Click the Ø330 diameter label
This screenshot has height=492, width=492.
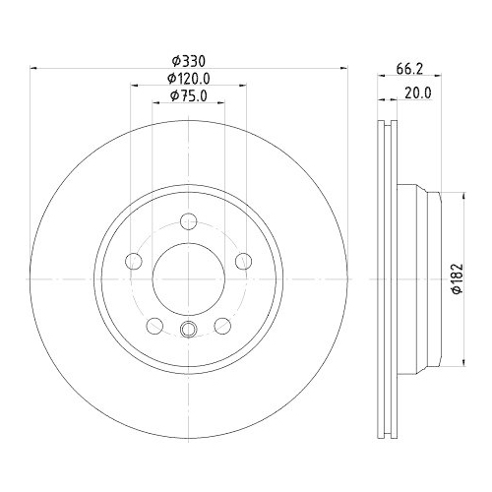pyautogui.click(x=189, y=61)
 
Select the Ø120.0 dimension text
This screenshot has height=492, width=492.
pyautogui.click(x=188, y=79)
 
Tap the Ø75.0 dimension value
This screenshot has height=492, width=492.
pyautogui.click(x=189, y=95)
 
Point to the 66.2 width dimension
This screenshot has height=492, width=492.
pyautogui.click(x=409, y=69)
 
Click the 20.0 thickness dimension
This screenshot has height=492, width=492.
pyautogui.click(x=418, y=93)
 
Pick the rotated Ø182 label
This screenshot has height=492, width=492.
pyautogui.click(x=457, y=278)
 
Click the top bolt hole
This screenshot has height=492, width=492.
pyautogui.click(x=189, y=221)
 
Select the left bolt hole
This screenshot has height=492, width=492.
pyautogui.click(x=134, y=261)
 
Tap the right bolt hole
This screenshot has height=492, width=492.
pyautogui.click(x=244, y=261)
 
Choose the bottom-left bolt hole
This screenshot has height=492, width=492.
pyautogui.click(x=154, y=326)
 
